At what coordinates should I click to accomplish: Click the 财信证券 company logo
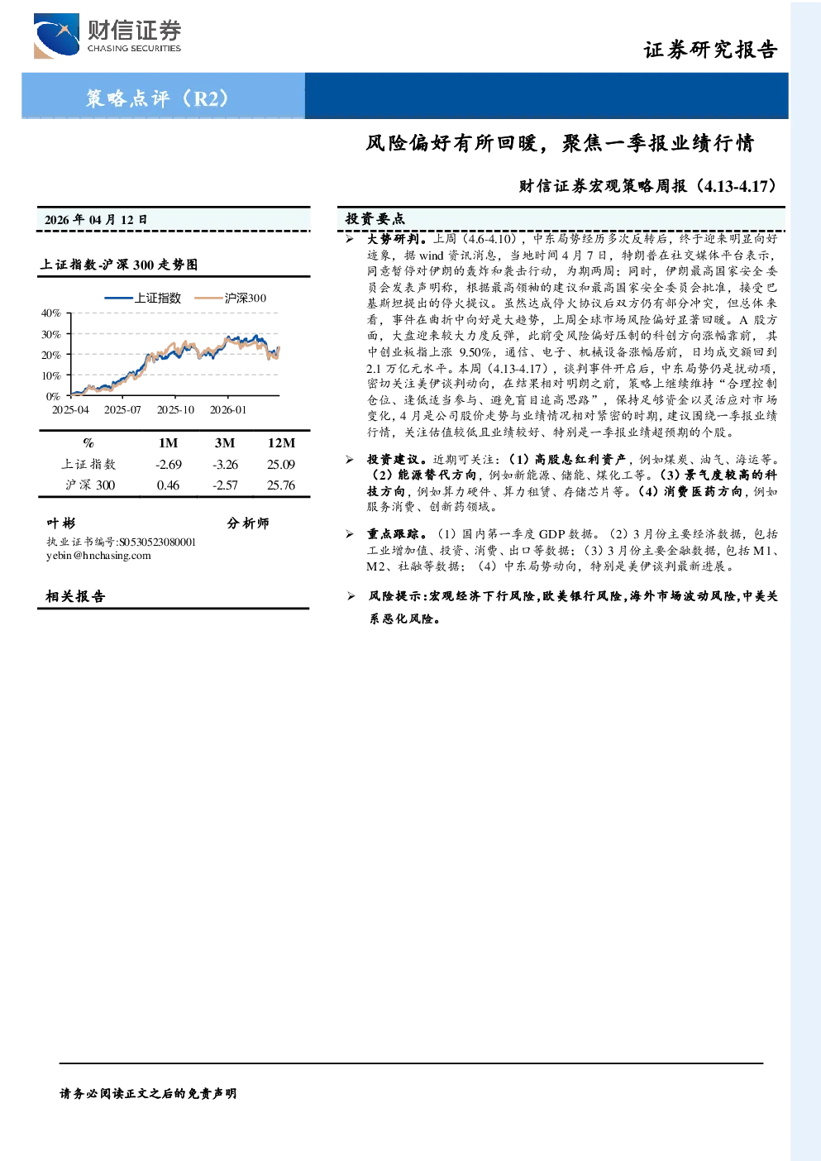pyautogui.click(x=107, y=36)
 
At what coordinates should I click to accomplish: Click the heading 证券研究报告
pyautogui.click(x=710, y=50)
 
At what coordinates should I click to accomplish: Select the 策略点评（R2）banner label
pyautogui.click(x=158, y=98)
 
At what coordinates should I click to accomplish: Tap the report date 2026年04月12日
pyautogui.click(x=96, y=220)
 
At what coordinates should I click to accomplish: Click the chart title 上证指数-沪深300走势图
pyautogui.click(x=119, y=265)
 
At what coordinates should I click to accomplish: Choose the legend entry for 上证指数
pyautogui.click(x=142, y=298)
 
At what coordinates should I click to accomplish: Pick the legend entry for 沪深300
pyautogui.click(x=230, y=298)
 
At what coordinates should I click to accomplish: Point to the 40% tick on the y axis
pyautogui.click(x=50, y=313)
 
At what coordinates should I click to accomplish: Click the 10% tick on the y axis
pyautogui.click(x=50, y=375)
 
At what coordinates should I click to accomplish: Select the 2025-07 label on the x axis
pyautogui.click(x=122, y=410)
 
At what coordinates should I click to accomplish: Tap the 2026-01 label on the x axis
pyautogui.click(x=228, y=410)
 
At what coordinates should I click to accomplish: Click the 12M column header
pyautogui.click(x=281, y=443)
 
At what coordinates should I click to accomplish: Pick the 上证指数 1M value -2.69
pyautogui.click(x=169, y=465)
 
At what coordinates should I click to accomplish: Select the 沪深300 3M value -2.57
pyautogui.click(x=225, y=485)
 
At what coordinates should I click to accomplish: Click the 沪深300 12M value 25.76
pyautogui.click(x=281, y=485)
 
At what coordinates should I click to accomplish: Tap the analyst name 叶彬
pyautogui.click(x=60, y=523)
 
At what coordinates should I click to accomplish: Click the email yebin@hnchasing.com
pyautogui.click(x=98, y=556)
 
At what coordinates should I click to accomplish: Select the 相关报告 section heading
pyautogui.click(x=75, y=596)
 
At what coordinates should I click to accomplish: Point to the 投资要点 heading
pyautogui.click(x=375, y=219)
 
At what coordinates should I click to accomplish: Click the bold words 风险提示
pyautogui.click(x=395, y=596)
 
